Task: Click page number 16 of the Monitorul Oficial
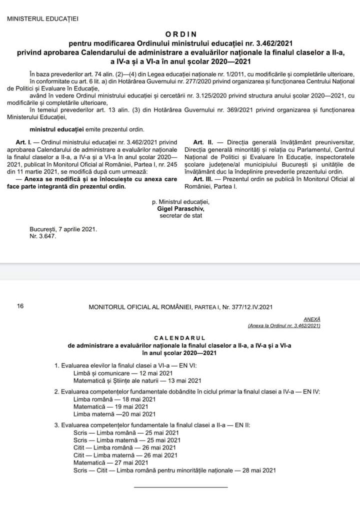pos(20,306)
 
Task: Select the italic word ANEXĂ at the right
pos(312,319)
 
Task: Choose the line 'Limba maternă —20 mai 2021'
pos(107,414)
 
